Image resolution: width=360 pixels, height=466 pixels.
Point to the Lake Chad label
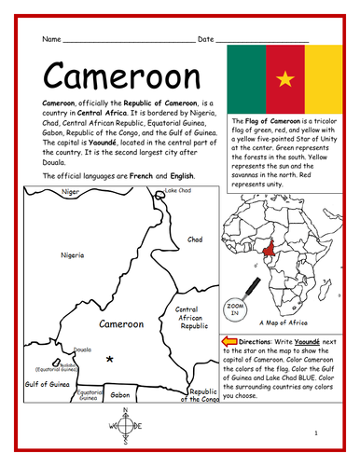[177, 191]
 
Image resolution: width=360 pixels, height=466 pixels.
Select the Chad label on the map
[194, 239]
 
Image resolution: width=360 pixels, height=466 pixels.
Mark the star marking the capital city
[110, 359]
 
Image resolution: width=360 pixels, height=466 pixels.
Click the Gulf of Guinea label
[48, 383]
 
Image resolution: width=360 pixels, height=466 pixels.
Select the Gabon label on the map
[119, 395]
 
